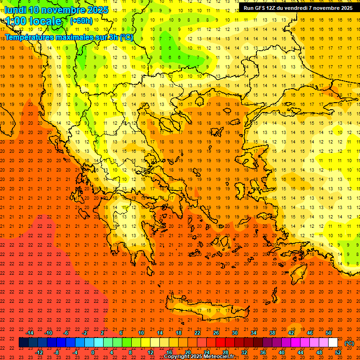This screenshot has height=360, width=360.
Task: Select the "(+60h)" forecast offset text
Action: [x=81, y=21]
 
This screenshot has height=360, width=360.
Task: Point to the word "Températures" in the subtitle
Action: [x=32, y=37]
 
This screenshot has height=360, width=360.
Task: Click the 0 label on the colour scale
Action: [x=93, y=352]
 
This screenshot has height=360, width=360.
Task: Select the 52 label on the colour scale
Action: [x=337, y=352]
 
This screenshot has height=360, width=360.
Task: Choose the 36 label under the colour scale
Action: [x=263, y=352]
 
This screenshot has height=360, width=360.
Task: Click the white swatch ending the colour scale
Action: [x=333, y=343]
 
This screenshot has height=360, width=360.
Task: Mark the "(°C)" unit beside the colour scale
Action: [x=349, y=343]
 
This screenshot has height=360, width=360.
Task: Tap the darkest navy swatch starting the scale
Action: [x=23, y=343]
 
